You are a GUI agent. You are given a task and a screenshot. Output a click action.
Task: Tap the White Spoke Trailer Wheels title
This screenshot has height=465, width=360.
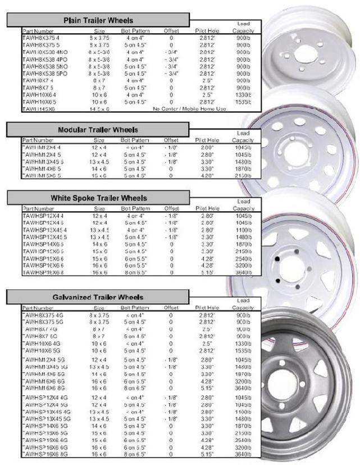(99, 198)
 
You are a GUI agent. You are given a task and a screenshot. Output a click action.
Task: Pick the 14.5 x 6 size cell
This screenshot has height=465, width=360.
(99, 108)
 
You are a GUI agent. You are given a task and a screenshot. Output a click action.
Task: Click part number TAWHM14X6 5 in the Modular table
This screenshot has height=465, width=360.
(41, 168)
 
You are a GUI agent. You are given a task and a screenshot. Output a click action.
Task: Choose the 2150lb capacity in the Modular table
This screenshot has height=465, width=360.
(243, 176)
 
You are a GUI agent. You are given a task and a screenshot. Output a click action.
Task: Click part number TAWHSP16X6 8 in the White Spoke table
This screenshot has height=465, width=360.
(42, 272)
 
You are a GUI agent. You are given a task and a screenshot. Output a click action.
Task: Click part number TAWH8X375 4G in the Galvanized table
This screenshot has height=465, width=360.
(43, 316)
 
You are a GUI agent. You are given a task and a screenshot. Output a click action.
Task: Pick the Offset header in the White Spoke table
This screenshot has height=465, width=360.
(171, 208)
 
